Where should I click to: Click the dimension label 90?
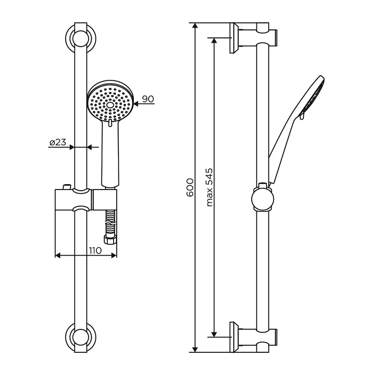[148, 99]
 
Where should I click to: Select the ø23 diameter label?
[57, 142]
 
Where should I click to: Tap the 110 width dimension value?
[95, 250]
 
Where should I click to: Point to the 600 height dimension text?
[189, 188]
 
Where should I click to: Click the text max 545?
[209, 187]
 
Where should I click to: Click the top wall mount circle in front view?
[81, 39]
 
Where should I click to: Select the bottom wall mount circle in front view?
[81, 334]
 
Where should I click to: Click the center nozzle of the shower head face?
[110, 105]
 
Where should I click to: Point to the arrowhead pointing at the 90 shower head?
[136, 105]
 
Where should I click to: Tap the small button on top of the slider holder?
[66, 187]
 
